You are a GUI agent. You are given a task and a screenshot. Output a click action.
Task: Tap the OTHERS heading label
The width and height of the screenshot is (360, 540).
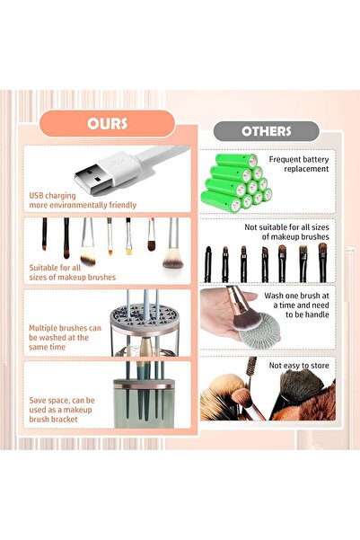click(267, 131)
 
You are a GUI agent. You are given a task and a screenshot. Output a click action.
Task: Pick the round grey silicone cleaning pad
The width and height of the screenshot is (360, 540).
click(245, 329)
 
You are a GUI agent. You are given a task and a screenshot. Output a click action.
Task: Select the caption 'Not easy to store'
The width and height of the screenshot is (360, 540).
click(300, 365)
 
